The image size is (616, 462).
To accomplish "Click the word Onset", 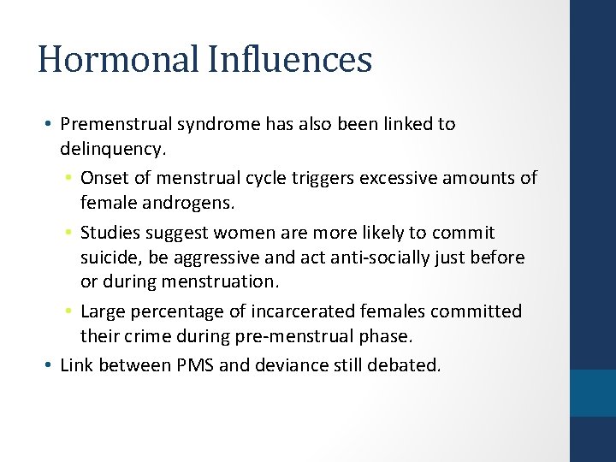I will tap(103, 178).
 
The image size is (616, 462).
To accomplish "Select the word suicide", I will tap(108, 258).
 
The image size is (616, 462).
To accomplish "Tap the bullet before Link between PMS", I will tap(48, 365).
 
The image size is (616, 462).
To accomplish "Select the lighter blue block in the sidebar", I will tap(592, 393).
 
